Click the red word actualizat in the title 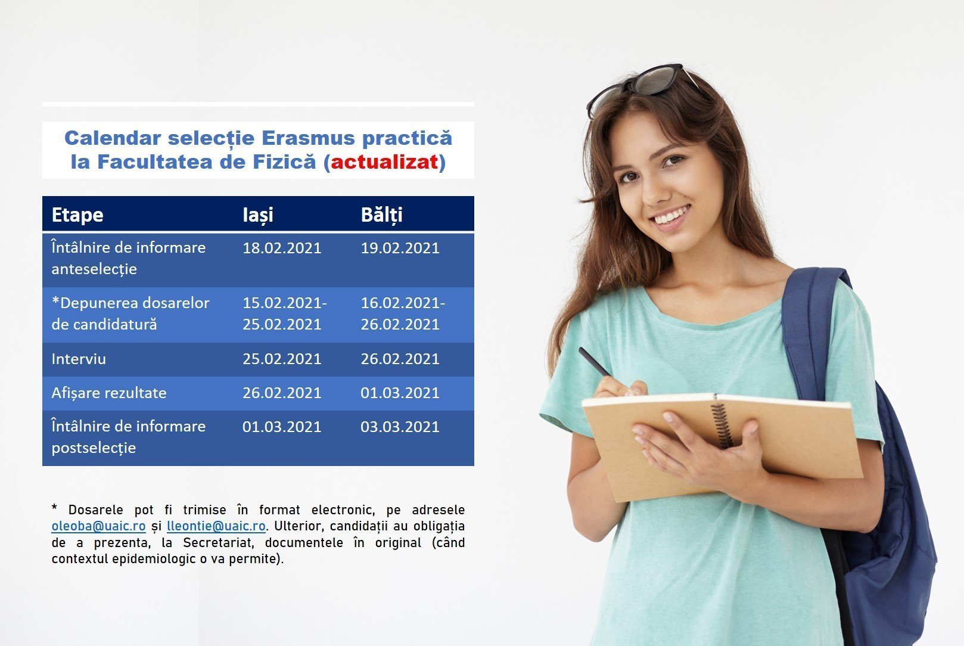(x=384, y=162)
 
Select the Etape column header (x=77, y=215)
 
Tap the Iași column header (x=258, y=215)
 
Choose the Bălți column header (x=381, y=215)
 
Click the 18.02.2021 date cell (x=282, y=249)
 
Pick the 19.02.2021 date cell (x=400, y=249)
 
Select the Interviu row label (x=79, y=359)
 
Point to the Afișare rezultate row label (x=109, y=393)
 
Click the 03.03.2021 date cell (x=400, y=427)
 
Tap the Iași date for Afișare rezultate (x=282, y=393)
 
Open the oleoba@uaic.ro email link (x=98, y=526)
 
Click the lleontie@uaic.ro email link (x=216, y=526)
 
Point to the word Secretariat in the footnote (x=217, y=543)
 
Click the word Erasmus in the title (x=308, y=138)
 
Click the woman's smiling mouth (x=670, y=215)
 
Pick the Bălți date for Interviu (x=400, y=359)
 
